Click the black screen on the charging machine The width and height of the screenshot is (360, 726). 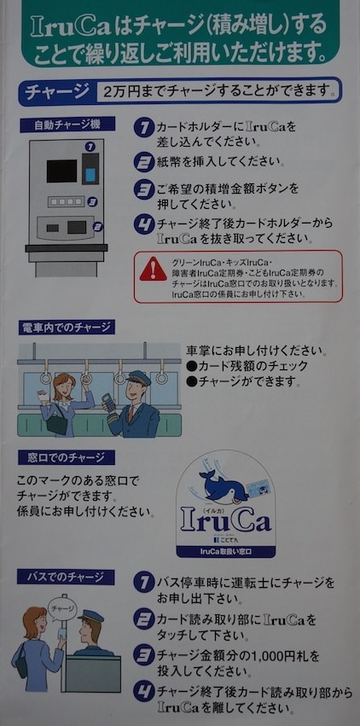pos(61,171)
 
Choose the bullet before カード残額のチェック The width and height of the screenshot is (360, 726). pos(191,367)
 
